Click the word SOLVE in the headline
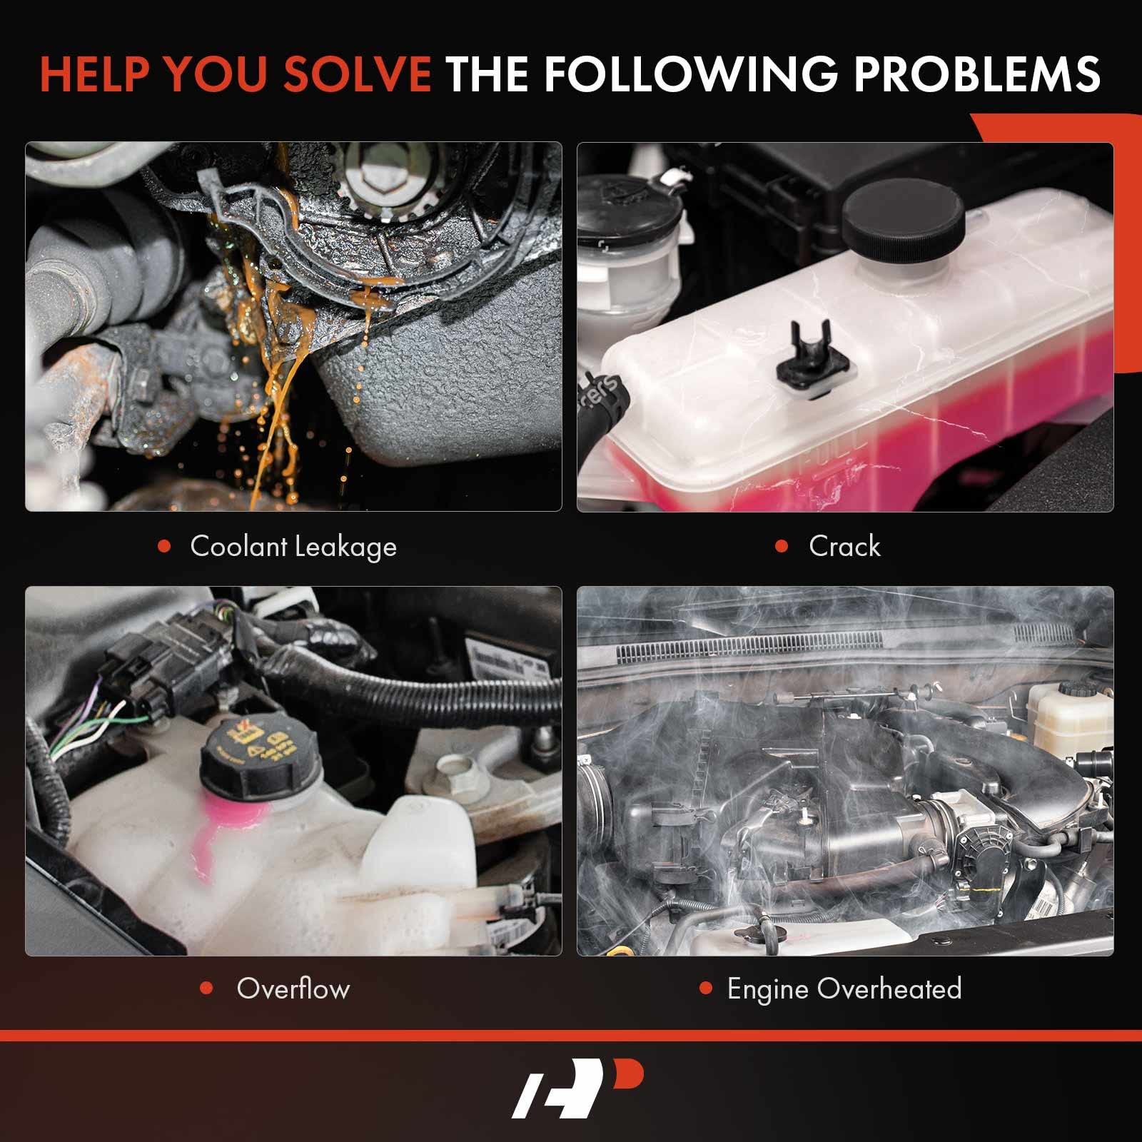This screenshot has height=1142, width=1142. click(x=355, y=74)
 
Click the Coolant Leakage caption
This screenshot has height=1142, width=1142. click(x=293, y=547)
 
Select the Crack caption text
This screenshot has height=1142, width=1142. click(x=844, y=547)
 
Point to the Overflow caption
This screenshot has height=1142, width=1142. click(x=293, y=989)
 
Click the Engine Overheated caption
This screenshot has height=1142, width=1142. click(x=844, y=989)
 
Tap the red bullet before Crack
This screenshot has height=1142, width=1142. click(x=782, y=547)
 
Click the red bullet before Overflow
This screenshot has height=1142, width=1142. click(x=207, y=989)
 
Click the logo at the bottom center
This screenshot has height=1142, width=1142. click(x=577, y=1090)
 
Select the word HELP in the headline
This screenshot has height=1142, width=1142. click(x=96, y=74)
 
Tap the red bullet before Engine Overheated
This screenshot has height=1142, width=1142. click(x=706, y=989)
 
